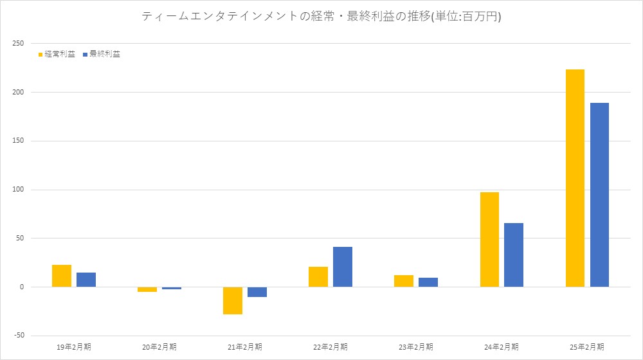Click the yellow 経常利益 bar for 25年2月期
575,178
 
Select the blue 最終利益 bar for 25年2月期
599,195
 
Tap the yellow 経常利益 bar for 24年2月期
489,239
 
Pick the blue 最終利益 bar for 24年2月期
514,255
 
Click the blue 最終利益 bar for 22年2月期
343,267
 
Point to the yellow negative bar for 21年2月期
233,300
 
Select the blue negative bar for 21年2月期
257,292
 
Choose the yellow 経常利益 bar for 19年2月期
62,276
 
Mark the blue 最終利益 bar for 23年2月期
428,282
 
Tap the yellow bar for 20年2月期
147,289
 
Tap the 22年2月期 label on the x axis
331,347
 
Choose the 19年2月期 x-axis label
74,347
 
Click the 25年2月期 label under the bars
587,347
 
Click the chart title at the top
321,17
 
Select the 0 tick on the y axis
21,287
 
